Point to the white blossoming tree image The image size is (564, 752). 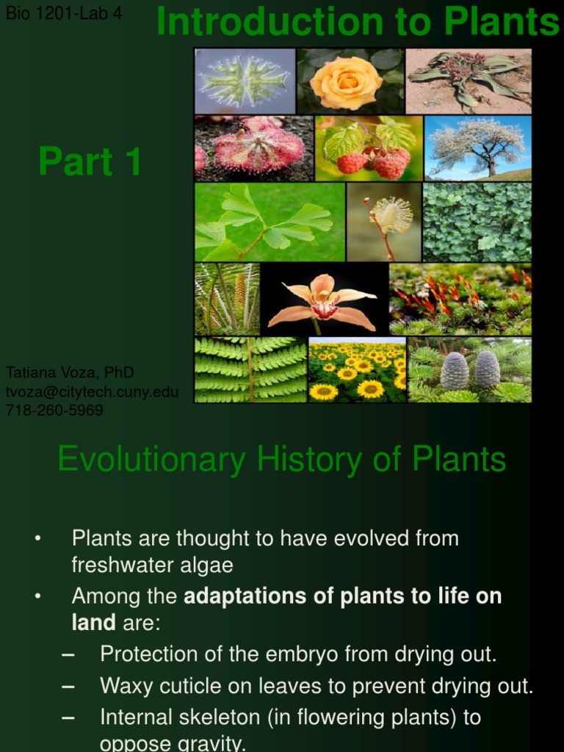coord(477,147)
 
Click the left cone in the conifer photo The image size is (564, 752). coord(454,370)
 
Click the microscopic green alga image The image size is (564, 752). coord(245,81)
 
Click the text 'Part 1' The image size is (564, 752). coord(90,162)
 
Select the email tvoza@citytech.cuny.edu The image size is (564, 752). coord(92,391)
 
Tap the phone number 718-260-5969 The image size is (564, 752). coord(54,410)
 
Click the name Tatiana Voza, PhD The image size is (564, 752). coord(70,372)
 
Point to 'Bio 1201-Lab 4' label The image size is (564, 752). coord(64,13)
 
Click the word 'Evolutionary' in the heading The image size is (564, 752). coord(151,460)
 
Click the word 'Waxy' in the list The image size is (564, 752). coord(126,686)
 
